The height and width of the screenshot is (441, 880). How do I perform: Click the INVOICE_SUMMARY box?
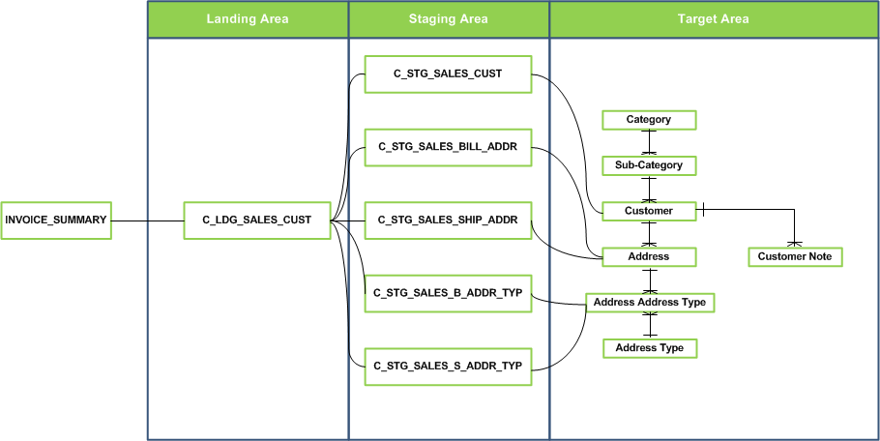(55, 220)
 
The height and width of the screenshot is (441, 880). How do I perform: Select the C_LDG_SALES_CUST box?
(256, 220)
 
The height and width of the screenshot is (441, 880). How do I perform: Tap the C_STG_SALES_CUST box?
(448, 73)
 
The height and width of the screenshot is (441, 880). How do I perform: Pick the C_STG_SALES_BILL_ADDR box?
(448, 147)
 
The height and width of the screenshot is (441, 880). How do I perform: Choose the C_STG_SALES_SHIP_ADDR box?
(448, 220)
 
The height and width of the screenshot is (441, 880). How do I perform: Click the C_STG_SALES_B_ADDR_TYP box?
(448, 293)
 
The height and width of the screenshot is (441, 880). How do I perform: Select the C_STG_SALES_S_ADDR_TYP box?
(448, 366)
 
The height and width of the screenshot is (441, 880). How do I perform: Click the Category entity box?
(649, 120)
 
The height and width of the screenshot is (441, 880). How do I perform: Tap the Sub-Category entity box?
(649, 165)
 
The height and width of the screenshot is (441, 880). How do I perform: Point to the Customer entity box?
(649, 211)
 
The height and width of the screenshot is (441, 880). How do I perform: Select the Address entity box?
(649, 256)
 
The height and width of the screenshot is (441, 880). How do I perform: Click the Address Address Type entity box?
(650, 302)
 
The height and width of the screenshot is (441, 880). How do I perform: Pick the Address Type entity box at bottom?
(649, 348)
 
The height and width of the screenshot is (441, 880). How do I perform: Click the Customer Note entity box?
(795, 256)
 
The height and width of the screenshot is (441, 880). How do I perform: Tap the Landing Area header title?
(248, 18)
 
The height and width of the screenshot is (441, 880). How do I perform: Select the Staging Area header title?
(449, 18)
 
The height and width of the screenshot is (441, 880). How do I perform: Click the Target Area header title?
(714, 18)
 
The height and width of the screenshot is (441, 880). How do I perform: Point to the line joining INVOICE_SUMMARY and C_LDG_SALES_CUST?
(146, 220)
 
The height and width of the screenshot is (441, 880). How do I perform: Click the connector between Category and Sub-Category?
(650, 143)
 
